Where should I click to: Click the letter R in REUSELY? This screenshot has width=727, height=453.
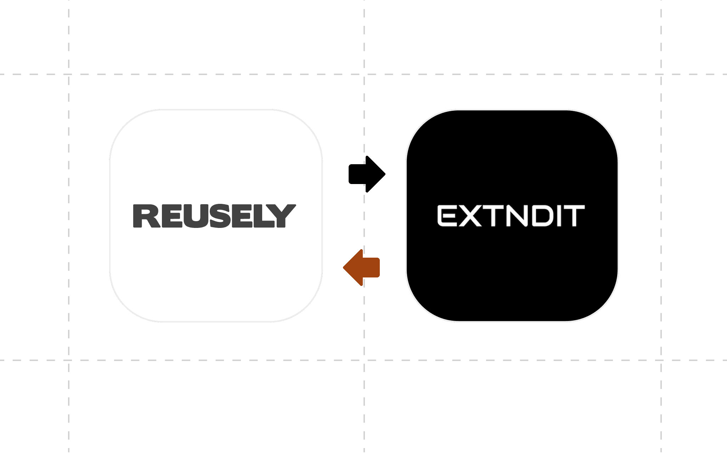coord(143,216)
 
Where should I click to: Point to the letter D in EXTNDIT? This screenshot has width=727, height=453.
coord(541,216)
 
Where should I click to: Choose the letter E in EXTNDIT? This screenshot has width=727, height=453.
coord(447,216)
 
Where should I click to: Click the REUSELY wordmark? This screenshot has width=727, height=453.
coord(214,216)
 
